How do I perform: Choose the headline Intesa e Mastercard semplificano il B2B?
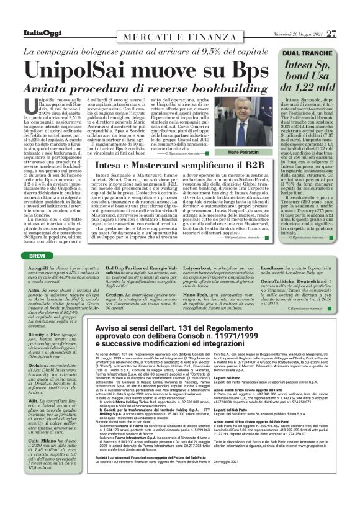click(x=181, y=166)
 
